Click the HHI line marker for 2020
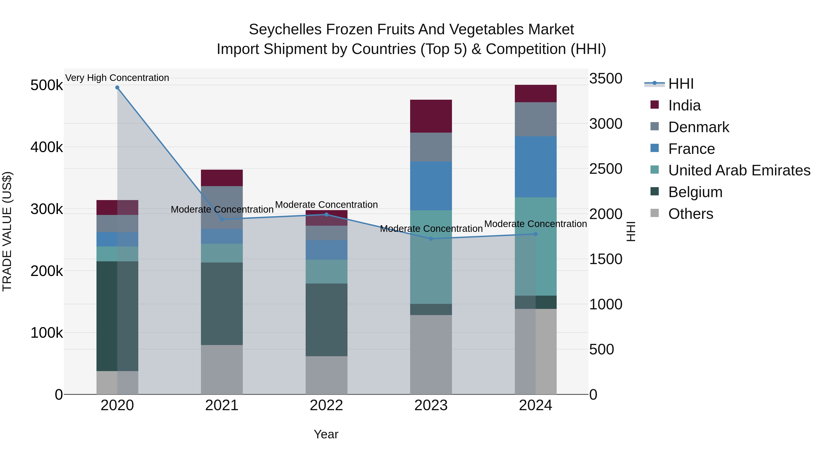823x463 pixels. [x=117, y=88]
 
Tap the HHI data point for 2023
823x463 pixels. [x=431, y=239]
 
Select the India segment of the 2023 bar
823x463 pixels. [x=431, y=116]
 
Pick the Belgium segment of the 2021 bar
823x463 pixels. [x=222, y=304]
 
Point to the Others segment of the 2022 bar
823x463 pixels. [x=326, y=375]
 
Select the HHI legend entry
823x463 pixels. [x=681, y=84]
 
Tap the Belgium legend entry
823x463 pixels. [x=695, y=192]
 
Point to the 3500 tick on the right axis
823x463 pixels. [x=606, y=79]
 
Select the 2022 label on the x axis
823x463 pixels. [x=326, y=405]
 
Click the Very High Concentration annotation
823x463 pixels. [x=117, y=78]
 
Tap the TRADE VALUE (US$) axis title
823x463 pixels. [x=7, y=231]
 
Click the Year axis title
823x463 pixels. [x=326, y=434]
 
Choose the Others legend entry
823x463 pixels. [x=690, y=214]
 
